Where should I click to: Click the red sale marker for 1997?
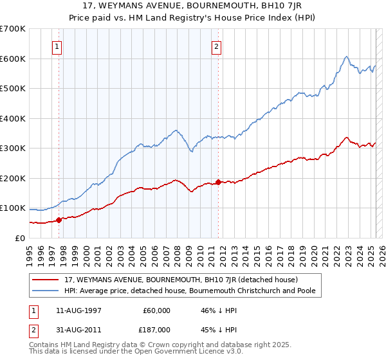point(59,220)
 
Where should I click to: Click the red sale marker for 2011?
point(219,182)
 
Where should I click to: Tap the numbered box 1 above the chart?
point(57,46)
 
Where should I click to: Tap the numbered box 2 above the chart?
point(217,46)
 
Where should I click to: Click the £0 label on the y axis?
point(19,238)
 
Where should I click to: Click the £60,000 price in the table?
point(156,310)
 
